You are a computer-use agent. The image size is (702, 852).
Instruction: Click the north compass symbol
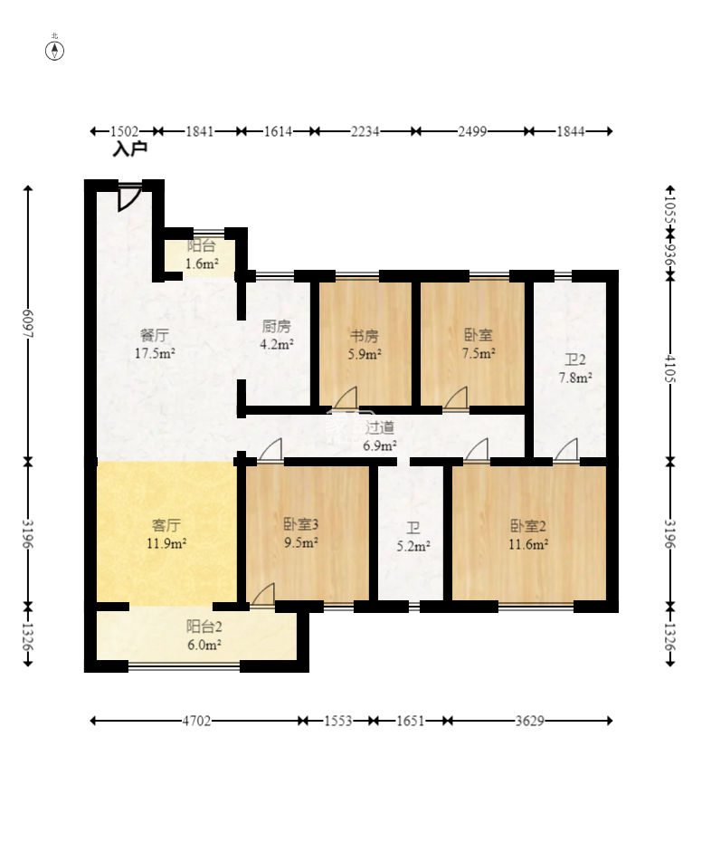55,51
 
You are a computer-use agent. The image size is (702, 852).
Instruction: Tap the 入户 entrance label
129,148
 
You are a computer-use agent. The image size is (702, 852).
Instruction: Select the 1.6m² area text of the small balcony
202,264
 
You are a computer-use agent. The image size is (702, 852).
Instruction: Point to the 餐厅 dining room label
154,335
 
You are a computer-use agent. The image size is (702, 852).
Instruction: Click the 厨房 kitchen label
276,326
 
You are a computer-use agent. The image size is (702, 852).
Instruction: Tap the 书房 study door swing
346,397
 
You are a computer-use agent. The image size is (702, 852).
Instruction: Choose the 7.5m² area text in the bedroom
479,354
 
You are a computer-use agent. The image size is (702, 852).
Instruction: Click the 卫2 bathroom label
575,359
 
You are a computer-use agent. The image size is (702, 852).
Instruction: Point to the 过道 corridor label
380,427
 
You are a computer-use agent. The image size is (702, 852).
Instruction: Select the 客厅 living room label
166,525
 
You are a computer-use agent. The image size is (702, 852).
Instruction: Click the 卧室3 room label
301,524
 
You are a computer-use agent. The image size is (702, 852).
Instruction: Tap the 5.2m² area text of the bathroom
413,546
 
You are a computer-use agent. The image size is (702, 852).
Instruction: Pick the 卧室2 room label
527,526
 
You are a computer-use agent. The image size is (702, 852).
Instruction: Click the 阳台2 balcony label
204,627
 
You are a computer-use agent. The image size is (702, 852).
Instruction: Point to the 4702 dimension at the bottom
196,721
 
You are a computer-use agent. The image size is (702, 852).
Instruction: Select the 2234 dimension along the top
365,131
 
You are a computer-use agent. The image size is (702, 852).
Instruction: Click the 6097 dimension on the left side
28,324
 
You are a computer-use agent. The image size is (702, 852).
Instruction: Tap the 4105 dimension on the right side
671,369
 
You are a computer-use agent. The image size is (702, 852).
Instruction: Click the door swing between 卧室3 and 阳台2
263,593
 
